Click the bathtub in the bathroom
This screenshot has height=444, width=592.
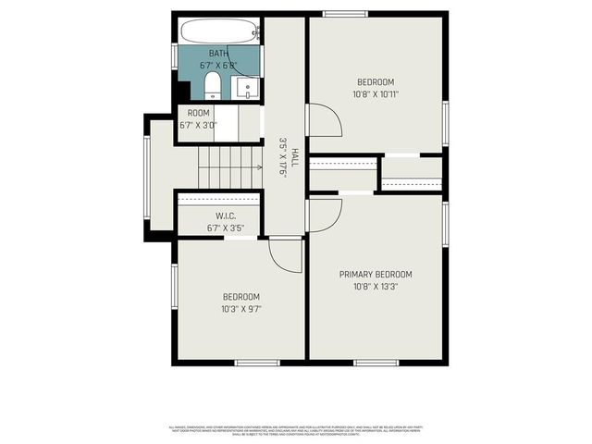point(219,31)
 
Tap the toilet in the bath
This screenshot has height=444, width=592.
point(213,87)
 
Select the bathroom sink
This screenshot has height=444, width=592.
point(247,89)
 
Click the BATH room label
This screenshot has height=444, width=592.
point(218,54)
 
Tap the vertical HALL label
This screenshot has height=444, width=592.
point(295,157)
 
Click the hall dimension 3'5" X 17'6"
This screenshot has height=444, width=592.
point(283,158)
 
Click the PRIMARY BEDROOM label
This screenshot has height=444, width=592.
point(375,275)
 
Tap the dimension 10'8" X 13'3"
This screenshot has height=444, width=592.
point(375,287)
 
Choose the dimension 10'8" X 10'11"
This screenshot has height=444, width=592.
point(375,93)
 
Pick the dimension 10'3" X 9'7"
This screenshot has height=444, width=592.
point(240,309)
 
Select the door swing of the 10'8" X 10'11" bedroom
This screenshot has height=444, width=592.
point(323,120)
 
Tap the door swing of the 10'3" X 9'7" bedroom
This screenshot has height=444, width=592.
point(286,255)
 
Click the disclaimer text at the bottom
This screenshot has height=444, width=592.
point(296,431)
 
